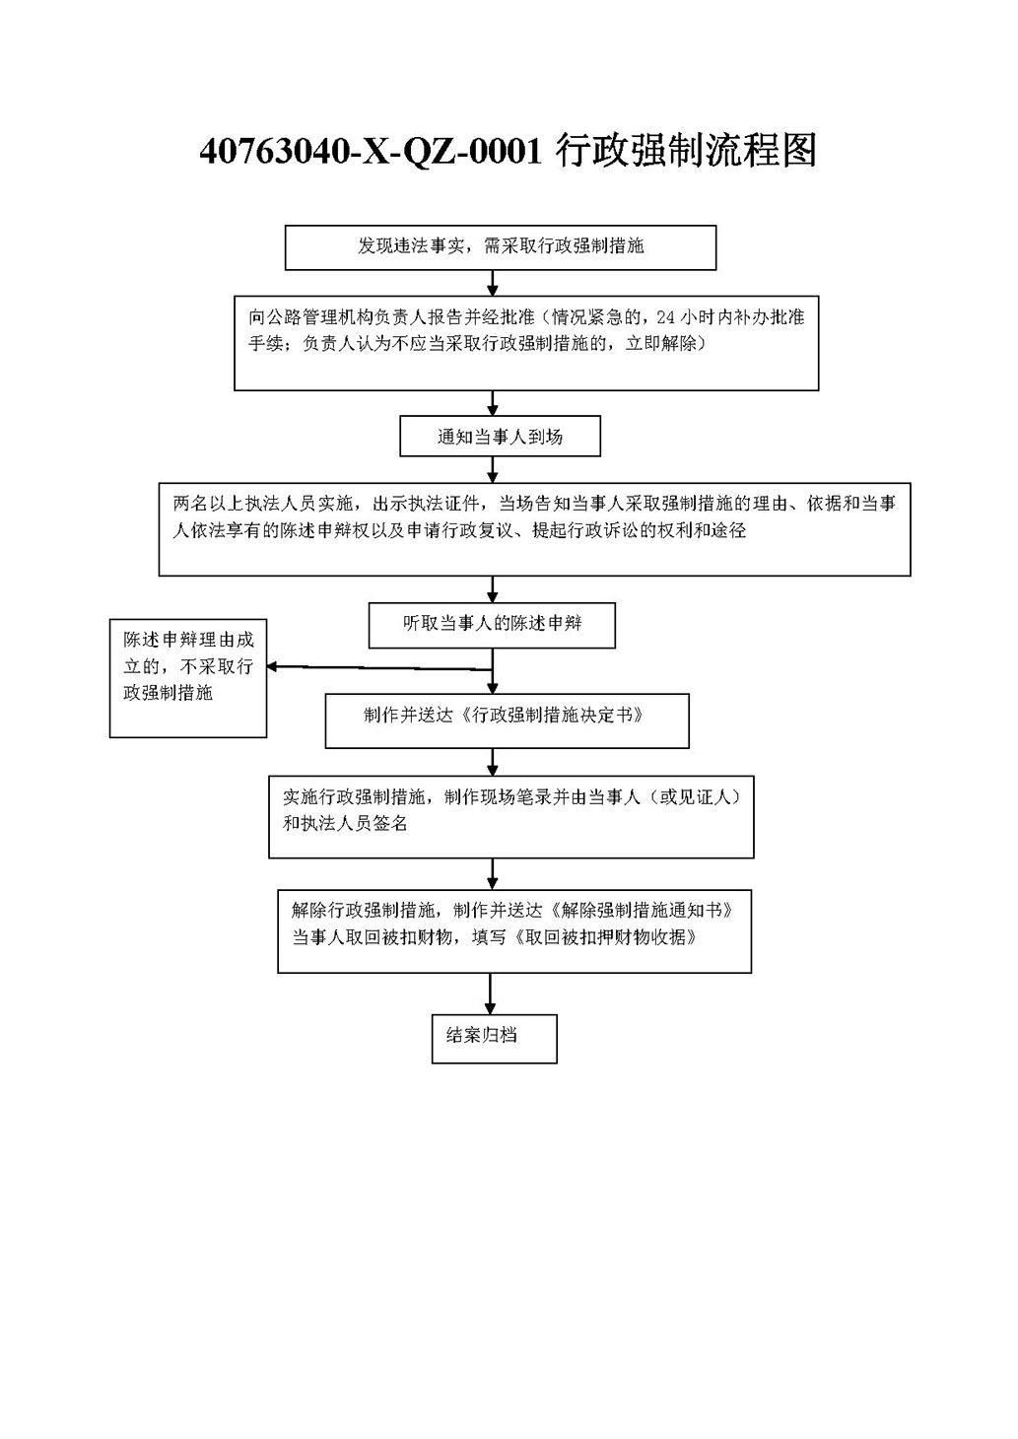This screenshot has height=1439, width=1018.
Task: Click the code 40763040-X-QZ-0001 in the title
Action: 371,152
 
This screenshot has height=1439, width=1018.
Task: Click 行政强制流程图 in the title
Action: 686,152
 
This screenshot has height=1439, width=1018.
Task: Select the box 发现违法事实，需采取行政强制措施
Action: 501,247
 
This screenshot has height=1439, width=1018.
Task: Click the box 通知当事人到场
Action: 500,437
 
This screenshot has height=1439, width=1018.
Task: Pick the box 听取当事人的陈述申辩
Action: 492,625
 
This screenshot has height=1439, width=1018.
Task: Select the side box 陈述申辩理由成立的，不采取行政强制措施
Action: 187,678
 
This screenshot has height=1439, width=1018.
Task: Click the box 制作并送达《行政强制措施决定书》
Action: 507,720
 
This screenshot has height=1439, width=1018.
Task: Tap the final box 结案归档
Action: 494,1039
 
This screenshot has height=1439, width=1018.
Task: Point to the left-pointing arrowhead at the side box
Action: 272,667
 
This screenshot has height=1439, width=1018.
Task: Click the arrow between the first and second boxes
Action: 493,283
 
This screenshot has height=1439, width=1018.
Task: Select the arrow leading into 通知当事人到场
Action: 493,403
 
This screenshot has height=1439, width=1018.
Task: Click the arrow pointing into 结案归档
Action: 490,994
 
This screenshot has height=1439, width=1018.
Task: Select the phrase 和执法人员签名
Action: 345,823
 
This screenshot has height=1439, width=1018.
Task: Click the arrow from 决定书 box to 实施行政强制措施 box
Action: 493,762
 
